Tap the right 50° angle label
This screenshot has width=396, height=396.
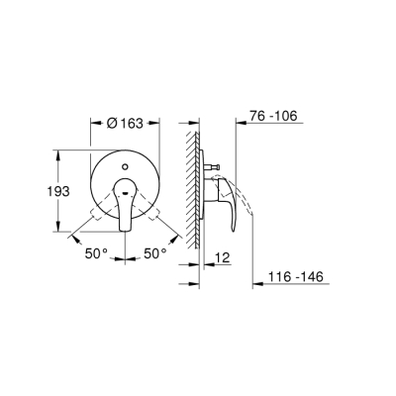point(155,253)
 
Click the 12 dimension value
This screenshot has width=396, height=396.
point(222,256)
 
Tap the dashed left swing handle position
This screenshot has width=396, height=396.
point(98,210)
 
